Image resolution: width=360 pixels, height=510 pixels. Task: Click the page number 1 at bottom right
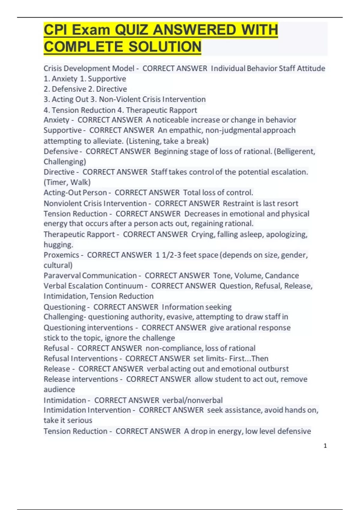pyautogui.click(x=325, y=446)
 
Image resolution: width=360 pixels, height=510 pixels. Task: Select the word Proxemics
pyautogui.click(x=61, y=255)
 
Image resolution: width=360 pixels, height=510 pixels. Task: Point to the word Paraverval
pyautogui.click(x=62, y=275)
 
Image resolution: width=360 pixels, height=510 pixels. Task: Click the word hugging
pyautogui.click(x=58, y=245)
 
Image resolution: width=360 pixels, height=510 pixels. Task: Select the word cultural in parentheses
pyautogui.click(x=57, y=265)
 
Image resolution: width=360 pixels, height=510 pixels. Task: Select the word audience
pyautogui.click(x=59, y=389)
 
